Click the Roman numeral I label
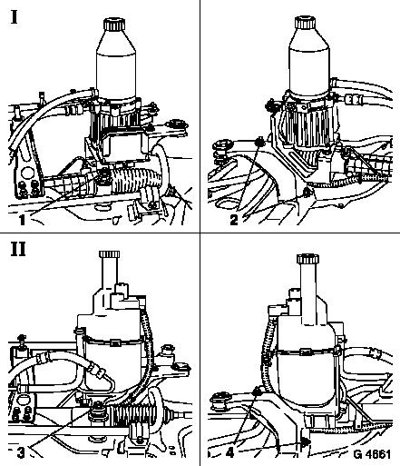coord(15,16)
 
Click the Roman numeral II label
coord(18,249)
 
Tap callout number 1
coord(22,220)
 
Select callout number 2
coord(234,220)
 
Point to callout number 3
coord(21,452)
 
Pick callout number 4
coord(229,453)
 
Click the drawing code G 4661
coord(372,454)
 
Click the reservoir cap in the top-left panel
coord(114,25)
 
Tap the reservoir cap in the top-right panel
coord(306,23)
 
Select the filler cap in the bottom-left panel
coord(109,253)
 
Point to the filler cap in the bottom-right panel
coord(307,259)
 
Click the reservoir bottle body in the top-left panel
coord(116,65)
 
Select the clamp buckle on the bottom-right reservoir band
coord(306,352)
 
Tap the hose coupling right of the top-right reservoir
coord(352,99)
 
